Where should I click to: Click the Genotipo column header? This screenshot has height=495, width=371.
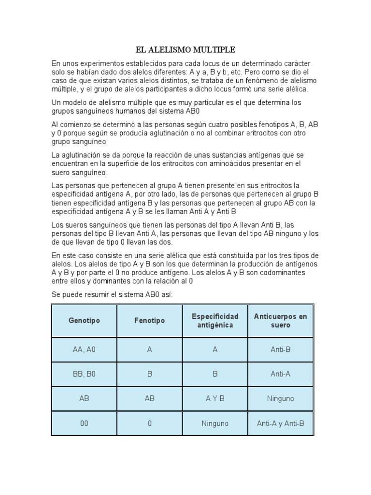coord(85,320)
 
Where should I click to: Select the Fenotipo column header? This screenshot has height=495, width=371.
coord(149,320)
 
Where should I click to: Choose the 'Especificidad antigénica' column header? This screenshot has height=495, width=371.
coord(215,320)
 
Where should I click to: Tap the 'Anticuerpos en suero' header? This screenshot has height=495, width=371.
coord(280,320)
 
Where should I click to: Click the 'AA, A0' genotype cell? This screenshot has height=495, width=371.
coord(85,349)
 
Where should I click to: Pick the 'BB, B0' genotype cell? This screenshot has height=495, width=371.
coord(85,374)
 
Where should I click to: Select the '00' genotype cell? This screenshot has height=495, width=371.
coord(85,423)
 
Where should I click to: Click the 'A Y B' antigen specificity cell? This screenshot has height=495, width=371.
coord(215,399)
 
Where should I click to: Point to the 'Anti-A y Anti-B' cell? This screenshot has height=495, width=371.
coord(280,423)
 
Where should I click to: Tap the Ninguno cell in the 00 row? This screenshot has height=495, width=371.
coord(215,423)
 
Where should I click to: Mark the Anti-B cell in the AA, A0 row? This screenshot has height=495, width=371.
coord(280,349)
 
